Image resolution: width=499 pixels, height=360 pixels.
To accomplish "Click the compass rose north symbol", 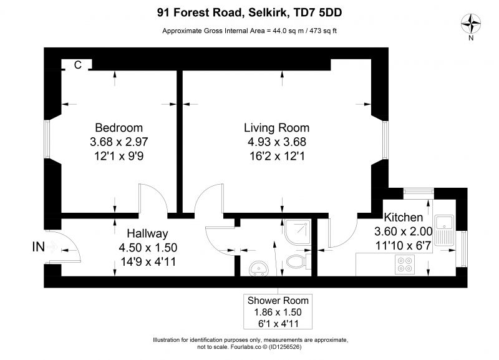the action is pos(471,24).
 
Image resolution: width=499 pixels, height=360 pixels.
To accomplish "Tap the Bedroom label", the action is pos(119,128).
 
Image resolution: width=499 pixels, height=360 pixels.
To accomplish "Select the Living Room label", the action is pos(276,128).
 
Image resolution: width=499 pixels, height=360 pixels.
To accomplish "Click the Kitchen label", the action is pos(404,217).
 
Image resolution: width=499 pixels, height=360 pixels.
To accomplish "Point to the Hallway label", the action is pos(147,233).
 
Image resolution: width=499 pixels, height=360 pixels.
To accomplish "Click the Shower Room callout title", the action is pos(278,301).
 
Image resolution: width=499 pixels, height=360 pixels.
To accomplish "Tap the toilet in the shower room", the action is pos(299,261).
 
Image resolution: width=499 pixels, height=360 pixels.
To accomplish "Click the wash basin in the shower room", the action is pos(259,268).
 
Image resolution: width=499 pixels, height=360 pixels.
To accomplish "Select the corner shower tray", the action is pos(298,232).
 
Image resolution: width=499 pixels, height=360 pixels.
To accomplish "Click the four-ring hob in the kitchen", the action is pos(405,264).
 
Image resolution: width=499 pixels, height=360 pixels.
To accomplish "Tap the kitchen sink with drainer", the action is pos(444,230).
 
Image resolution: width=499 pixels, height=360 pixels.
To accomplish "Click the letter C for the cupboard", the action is pos(77,65).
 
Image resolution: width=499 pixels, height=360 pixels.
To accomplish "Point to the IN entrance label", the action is pos(39,247).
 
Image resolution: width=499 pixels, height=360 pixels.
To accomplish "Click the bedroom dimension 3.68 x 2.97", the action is pos(119,142).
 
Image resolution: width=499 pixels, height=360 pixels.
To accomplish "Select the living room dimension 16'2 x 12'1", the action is pos(277,156).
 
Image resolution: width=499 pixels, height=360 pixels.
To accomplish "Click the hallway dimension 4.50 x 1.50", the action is pos(148,248).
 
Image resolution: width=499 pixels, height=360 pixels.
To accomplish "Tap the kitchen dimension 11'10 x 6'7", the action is pos(403,246).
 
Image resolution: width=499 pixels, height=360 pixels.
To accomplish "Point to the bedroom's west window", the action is pos(47,139).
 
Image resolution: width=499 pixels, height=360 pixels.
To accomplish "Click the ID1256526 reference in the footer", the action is pos(285,347).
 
